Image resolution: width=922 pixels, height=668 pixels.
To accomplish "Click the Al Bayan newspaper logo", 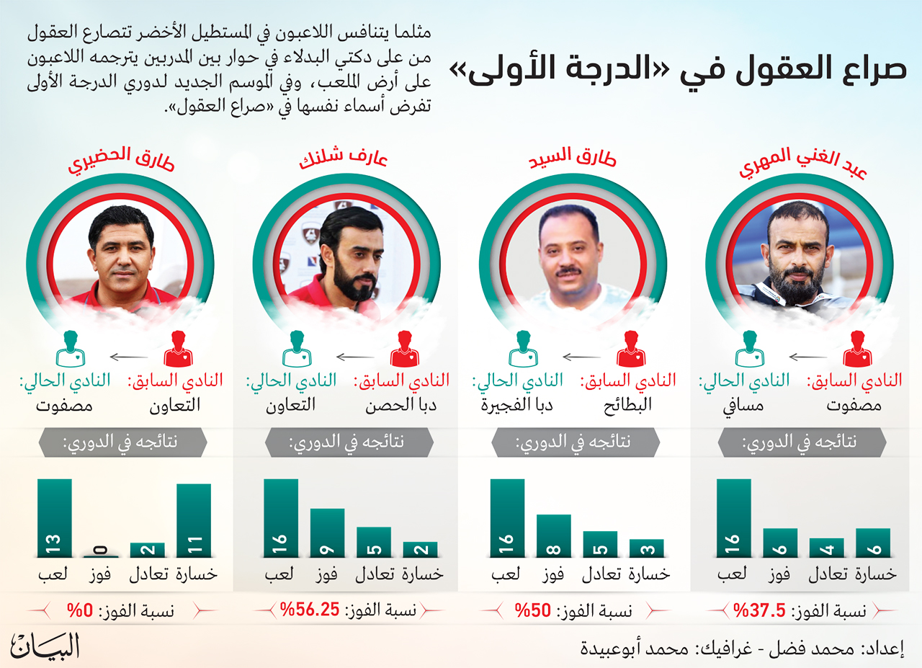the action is [x=45, y=646].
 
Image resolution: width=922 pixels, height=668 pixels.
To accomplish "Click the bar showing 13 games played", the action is [x=54, y=518].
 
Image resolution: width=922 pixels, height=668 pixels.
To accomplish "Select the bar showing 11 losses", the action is [x=194, y=520].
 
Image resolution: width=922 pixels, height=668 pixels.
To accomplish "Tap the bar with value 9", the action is [x=327, y=533].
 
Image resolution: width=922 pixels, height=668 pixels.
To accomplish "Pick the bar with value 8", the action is [x=554, y=536].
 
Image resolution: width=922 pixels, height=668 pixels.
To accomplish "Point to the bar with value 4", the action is [x=826, y=548].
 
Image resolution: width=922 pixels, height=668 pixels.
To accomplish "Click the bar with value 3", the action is [x=647, y=548].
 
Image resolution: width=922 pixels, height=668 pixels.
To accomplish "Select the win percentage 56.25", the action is [x=310, y=610].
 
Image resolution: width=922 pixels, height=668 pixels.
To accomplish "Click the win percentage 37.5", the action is [x=760, y=610].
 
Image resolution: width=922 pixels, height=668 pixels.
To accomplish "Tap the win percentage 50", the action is [x=533, y=610].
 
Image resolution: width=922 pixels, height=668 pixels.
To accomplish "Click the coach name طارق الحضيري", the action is [x=122, y=160].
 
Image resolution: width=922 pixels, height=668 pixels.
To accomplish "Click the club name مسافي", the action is [x=743, y=406].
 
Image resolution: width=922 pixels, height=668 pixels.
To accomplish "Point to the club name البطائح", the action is [x=627, y=405].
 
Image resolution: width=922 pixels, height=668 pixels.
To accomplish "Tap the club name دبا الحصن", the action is [x=401, y=405].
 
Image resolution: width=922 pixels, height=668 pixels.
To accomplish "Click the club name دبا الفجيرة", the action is [x=517, y=405].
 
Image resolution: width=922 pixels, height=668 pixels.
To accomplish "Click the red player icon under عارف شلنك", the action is [x=405, y=349].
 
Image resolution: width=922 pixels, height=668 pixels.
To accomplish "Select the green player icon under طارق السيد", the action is [x=523, y=349].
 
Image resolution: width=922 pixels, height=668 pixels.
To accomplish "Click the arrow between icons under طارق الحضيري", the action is [x=129, y=357].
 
